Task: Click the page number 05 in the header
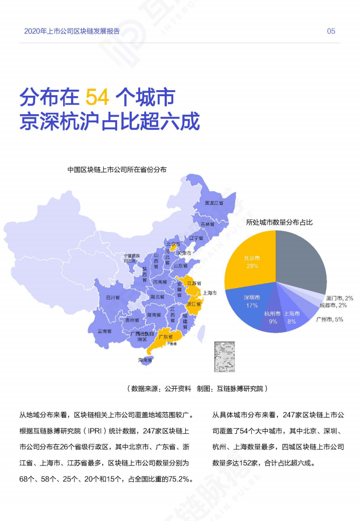[x=331, y=31]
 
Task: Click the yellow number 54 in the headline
[x=97, y=97]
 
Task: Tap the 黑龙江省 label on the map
[x=214, y=203]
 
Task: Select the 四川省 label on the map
[x=113, y=298]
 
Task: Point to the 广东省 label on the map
[x=166, y=337]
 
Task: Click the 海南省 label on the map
[x=145, y=360]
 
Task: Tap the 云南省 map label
[x=105, y=331]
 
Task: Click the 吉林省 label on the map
[x=207, y=224]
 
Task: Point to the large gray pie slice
[x=300, y=258]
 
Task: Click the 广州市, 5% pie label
[x=329, y=320]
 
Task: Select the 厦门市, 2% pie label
[x=339, y=298]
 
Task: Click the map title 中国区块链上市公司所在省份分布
[x=117, y=170]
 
